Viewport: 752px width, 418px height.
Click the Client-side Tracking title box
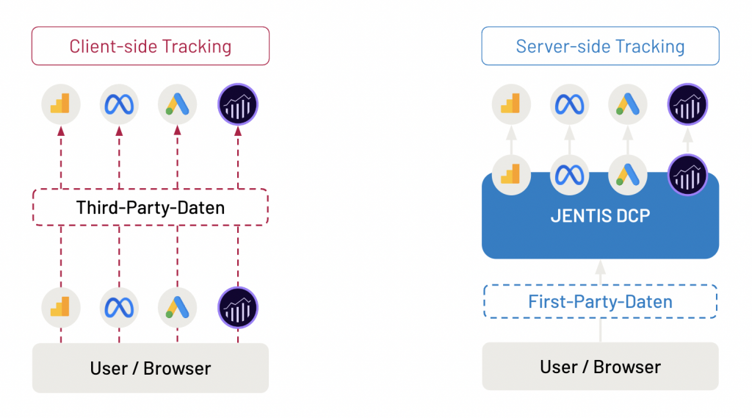[151, 46]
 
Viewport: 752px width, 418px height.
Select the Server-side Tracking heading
[600, 46]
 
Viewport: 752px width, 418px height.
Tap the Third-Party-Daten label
[151, 207]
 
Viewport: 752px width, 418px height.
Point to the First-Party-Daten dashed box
[600, 301]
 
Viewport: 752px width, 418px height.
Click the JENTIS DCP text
[600, 216]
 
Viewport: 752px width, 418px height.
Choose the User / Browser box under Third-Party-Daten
[151, 368]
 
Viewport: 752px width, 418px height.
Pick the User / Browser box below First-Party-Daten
[600, 367]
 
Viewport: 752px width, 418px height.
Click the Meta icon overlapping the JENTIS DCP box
[570, 175]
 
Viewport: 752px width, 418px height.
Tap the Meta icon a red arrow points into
[119, 104]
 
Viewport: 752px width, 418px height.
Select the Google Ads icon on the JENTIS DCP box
[628, 175]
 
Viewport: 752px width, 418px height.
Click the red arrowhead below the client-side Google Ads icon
[178, 131]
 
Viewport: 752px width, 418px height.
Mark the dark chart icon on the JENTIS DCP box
[687, 175]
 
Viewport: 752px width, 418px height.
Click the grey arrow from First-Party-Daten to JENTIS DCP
[600, 273]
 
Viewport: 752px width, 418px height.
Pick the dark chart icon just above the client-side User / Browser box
[238, 308]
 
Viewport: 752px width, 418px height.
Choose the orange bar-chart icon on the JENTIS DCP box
[511, 175]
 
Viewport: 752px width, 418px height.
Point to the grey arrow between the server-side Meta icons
[570, 140]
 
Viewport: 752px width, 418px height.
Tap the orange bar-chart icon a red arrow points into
[61, 104]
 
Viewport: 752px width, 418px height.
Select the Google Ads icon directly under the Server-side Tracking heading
[628, 104]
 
